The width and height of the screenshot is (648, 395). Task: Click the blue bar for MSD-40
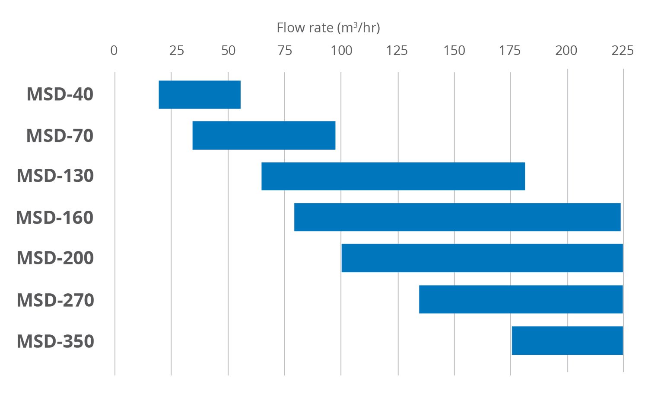pos(200,94)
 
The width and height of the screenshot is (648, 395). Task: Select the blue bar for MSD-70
pos(264,135)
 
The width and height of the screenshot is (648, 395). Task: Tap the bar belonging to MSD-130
pos(393,176)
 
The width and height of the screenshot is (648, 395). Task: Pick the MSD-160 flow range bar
pos(457,217)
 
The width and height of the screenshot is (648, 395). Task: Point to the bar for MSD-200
pos(482,258)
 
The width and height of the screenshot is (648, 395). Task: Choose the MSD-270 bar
pos(521,299)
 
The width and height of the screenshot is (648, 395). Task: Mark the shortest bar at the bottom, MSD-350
pos(567,340)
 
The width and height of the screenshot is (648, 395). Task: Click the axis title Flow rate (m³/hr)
pos(328,28)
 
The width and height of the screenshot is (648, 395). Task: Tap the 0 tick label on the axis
pos(114,51)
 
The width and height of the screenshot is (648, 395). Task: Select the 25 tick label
pos(176,51)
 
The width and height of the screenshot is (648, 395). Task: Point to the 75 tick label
pos(285,51)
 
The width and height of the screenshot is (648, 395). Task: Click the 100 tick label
pos(341,51)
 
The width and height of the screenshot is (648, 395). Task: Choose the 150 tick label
pos(454,51)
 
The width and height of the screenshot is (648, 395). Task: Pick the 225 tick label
pos(622,51)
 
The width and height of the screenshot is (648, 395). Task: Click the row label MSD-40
pos(60,94)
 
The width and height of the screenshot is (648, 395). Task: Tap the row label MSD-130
pos(55,176)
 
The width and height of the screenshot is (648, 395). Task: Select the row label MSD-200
pos(55,258)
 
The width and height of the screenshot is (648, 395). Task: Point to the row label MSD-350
pos(55,341)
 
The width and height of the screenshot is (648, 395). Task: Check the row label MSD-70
pos(60,135)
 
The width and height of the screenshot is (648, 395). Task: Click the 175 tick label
pos(510,51)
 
